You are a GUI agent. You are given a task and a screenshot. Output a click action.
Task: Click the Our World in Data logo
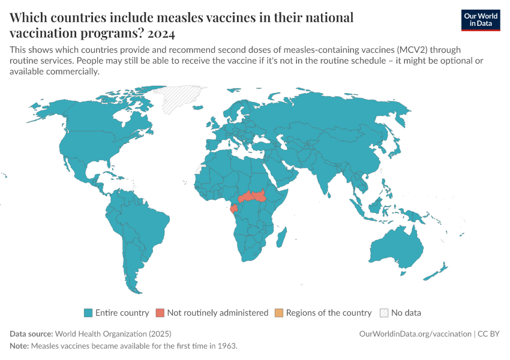pyautogui.click(x=480, y=20)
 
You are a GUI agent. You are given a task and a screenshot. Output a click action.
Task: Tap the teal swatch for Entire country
pyautogui.click(x=88, y=313)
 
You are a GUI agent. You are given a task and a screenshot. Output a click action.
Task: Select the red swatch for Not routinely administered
pyautogui.click(x=160, y=313)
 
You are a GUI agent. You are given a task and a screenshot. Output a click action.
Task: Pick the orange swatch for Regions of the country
pyautogui.click(x=279, y=313)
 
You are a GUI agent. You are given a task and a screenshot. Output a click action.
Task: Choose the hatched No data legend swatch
pyautogui.click(x=384, y=313)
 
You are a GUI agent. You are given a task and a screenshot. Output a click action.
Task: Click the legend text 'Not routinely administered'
pyautogui.click(x=218, y=313)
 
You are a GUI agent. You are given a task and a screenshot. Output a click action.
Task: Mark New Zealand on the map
pyautogui.click(x=439, y=270)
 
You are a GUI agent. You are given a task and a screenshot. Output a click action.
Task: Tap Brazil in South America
pyautogui.click(x=144, y=222)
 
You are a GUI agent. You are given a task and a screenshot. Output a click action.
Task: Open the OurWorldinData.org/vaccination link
pyautogui.click(x=415, y=334)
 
